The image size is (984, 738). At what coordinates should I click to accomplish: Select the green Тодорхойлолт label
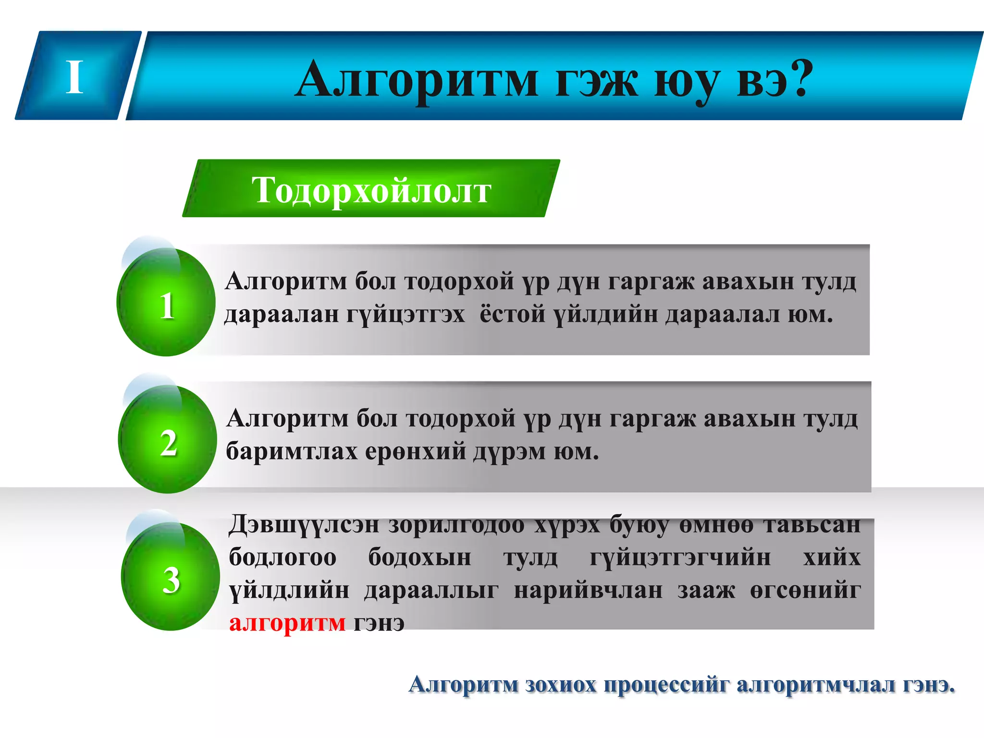click(371, 190)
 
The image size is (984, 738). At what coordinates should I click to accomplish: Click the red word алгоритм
click(287, 623)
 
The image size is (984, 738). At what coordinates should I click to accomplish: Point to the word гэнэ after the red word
click(379, 623)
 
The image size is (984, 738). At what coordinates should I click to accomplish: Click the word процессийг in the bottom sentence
click(666, 684)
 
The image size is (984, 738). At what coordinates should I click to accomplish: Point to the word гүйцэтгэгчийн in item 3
click(680, 558)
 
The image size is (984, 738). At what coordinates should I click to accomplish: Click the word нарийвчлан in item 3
click(588, 590)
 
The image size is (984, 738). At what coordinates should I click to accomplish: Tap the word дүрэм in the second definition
click(509, 452)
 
